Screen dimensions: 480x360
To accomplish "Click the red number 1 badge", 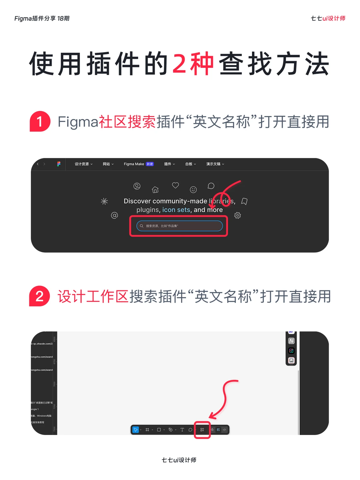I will (40, 121).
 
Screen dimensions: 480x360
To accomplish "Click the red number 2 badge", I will (40, 296).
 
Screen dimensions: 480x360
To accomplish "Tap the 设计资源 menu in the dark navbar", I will (83, 164).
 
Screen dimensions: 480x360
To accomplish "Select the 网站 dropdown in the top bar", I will (108, 164).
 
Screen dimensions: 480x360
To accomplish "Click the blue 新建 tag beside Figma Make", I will (150, 164).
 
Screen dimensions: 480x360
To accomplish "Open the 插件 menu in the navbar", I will (169, 164).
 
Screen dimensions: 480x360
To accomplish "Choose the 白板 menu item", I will (190, 164).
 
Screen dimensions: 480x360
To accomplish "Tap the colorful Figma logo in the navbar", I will (59, 164).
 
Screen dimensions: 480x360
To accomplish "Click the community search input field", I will (179, 226).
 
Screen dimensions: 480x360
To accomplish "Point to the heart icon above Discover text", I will (175, 185).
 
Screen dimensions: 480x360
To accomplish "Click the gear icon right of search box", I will (238, 215).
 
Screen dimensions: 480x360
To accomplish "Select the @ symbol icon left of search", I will (114, 215).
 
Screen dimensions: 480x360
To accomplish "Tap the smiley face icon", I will (193, 190).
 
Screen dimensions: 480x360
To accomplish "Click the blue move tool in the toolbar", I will (135, 430).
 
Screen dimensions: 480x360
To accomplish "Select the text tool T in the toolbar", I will (182, 430).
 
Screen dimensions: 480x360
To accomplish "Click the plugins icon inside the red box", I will (202, 430).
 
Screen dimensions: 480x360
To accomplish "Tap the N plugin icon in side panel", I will (291, 341).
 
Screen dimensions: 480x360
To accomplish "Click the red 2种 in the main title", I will (193, 64).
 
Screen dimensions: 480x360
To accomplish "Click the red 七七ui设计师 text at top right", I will (328, 18).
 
